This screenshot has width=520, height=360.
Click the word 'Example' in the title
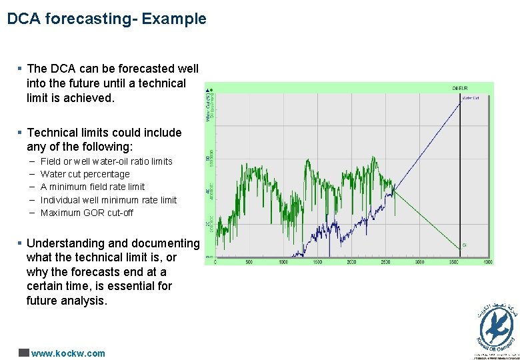point(178,19)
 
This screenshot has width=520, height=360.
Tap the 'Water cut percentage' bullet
point(85,174)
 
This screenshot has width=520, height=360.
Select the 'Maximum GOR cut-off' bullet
point(87,213)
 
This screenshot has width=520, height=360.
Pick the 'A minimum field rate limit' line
point(92,187)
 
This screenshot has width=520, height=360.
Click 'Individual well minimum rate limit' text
point(108,200)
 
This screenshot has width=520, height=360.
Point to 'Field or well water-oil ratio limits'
point(106,161)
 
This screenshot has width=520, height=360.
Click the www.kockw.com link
point(68,353)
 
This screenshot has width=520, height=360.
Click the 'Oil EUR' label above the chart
point(459,88)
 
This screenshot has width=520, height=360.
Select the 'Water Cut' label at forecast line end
point(471,98)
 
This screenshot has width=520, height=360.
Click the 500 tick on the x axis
point(249,262)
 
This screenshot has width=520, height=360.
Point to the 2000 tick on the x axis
point(351,262)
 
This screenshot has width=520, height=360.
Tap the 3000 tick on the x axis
point(420,262)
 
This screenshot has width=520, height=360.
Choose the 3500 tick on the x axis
point(454,262)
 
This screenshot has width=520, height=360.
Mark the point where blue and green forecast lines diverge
point(394,191)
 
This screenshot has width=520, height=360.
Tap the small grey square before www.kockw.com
point(23,353)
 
